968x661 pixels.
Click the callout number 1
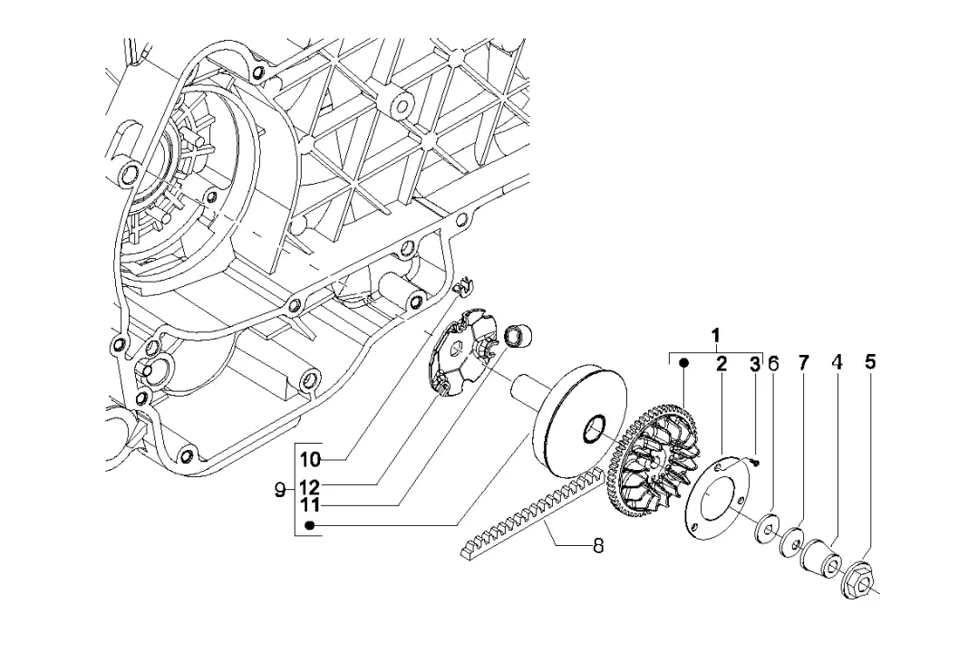pos(715,337)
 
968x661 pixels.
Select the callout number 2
pos(721,363)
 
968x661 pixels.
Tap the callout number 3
pos(754,364)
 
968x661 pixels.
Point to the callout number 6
pos(773,364)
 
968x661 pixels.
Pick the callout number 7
pos(802,364)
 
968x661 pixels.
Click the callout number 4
pos(837,363)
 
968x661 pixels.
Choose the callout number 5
pos(870,362)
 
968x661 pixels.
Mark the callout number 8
pos(597,546)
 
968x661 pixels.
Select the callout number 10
pos(311,459)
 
